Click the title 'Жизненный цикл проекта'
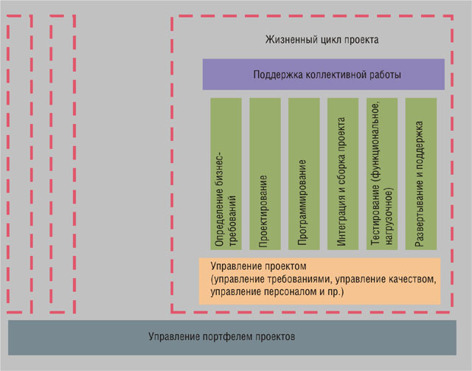coord(322,40)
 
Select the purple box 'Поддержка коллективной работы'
coord(324,74)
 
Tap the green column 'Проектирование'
coord(265,174)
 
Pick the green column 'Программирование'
coord(304,174)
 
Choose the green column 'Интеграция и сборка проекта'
coord(343,174)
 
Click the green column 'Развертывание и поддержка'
coord(421,174)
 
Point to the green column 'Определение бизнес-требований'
coord(226,174)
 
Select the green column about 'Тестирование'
coord(382,174)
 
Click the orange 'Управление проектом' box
coord(319,281)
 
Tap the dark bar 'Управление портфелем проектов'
coord(232,338)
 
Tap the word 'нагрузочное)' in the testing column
coord(389,216)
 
